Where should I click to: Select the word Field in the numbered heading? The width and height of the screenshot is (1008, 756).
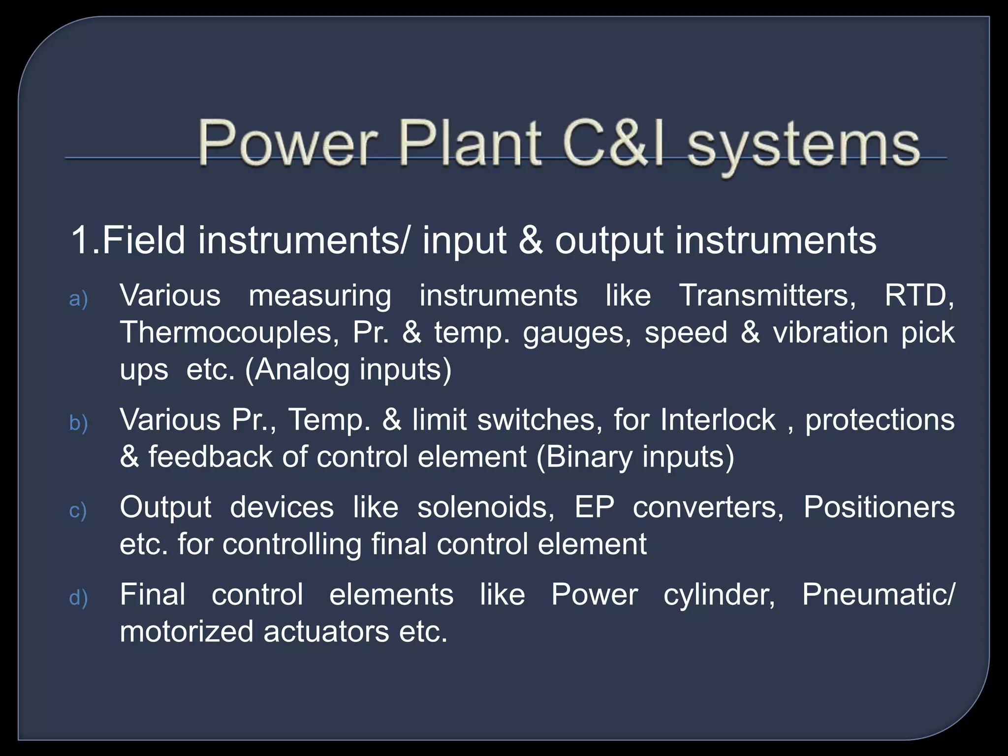[143, 240]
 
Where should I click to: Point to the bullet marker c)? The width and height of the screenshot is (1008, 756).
[78, 510]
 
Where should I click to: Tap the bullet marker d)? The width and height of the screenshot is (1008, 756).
[78, 598]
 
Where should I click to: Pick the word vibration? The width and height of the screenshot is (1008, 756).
[830, 332]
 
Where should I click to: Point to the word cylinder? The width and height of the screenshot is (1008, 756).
[719, 595]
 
